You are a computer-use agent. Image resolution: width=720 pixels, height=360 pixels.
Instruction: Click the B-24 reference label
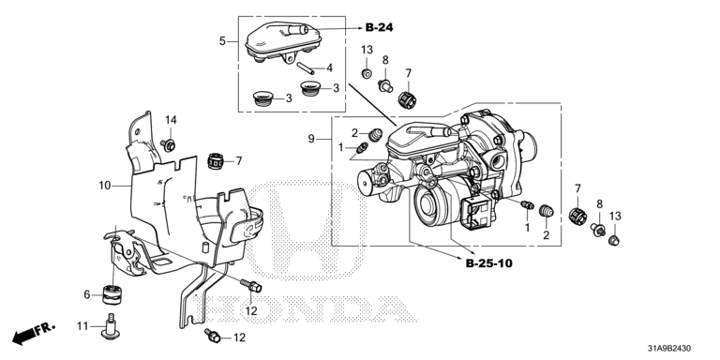click(380, 27)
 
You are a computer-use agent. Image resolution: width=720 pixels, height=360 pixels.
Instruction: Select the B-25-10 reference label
click(489, 263)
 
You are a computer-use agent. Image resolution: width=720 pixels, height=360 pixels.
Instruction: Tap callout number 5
click(222, 41)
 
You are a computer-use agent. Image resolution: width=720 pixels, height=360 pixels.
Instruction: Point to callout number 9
click(311, 138)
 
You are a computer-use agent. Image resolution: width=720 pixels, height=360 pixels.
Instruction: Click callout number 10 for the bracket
click(105, 186)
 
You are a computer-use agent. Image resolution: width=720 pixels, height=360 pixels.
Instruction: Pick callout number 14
click(171, 120)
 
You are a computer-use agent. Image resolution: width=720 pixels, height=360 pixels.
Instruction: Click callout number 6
click(87, 294)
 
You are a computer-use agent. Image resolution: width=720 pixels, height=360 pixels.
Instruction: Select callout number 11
click(82, 326)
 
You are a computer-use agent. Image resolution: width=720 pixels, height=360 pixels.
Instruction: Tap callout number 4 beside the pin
click(329, 68)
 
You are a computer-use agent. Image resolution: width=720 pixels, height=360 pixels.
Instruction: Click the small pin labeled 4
click(305, 67)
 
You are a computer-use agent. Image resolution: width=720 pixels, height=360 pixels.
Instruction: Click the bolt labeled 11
click(111, 326)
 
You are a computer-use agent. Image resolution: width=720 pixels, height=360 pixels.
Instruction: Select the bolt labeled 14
click(169, 145)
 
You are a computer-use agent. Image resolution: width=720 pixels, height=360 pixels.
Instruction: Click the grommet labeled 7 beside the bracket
click(215, 161)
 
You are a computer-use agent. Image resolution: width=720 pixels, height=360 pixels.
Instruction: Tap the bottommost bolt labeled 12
click(213, 336)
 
